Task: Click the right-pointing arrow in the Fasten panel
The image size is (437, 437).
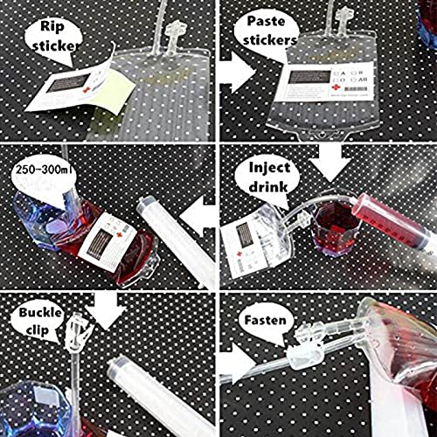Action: (x=234, y=362)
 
